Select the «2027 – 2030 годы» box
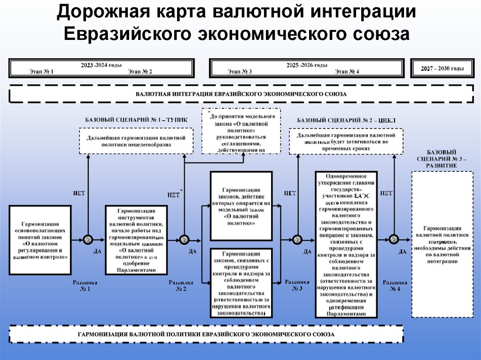(442, 69)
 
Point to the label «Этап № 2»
(140, 72)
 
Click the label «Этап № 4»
(347, 72)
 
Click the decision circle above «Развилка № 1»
(87, 239)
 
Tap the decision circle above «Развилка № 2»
(184, 239)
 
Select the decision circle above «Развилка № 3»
(297, 239)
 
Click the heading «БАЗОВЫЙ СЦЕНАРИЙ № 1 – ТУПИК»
(136, 120)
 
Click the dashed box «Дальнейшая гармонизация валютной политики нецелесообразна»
(136, 141)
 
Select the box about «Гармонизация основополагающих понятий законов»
(40, 240)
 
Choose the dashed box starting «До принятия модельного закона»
(241, 131)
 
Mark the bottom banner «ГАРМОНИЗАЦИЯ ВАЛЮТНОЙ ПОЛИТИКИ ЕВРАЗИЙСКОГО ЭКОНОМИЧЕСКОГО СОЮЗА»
(206, 334)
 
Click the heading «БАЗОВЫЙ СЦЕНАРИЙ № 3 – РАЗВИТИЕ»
(442, 159)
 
